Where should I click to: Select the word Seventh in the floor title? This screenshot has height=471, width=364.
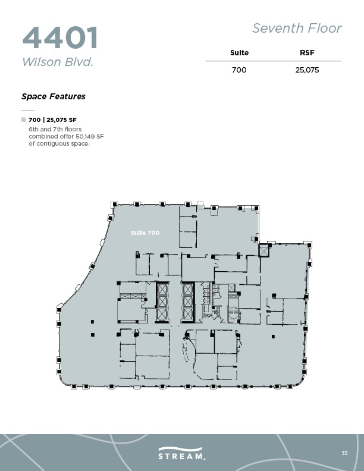coord(275,28)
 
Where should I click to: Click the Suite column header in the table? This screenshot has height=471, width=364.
coord(239,53)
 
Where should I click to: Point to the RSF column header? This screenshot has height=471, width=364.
coord(307,53)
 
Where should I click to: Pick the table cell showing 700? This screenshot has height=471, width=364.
coord(239,70)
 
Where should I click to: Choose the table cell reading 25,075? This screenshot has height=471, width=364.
coord(307,70)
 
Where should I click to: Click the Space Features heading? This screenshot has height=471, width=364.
coord(54,96)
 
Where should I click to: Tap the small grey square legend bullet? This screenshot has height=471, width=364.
coord(24,120)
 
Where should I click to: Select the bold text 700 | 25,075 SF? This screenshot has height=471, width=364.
coord(57,120)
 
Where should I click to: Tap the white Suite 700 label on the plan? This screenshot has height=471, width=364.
coord(145,233)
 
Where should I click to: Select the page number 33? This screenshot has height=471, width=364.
coord(344,453)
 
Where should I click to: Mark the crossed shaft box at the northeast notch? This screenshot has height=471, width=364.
coord(264,251)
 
